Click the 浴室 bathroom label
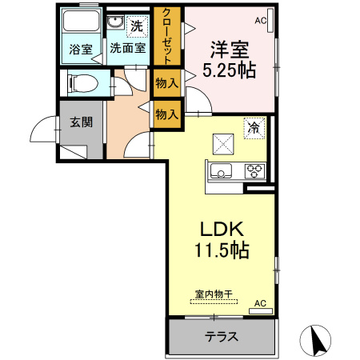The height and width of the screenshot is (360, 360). pyautogui.click(x=81, y=49)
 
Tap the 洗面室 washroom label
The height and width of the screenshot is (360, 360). pyautogui.click(x=128, y=49)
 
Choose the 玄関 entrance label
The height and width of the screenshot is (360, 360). pyautogui.click(x=81, y=122)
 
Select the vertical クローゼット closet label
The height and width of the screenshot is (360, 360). pyautogui.click(x=166, y=35)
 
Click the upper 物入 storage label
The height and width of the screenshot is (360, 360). pyautogui.click(x=166, y=82)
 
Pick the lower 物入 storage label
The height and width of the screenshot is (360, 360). pyautogui.click(x=166, y=114)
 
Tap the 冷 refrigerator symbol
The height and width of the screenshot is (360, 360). pyautogui.click(x=254, y=126)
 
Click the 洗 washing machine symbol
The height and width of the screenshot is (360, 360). pyautogui.click(x=137, y=25)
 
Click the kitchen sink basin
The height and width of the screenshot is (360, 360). pyautogui.click(x=221, y=170)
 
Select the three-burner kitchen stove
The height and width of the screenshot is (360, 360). pyautogui.click(x=255, y=170)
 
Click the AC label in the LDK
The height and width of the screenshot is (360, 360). pyautogui.click(x=259, y=303)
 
